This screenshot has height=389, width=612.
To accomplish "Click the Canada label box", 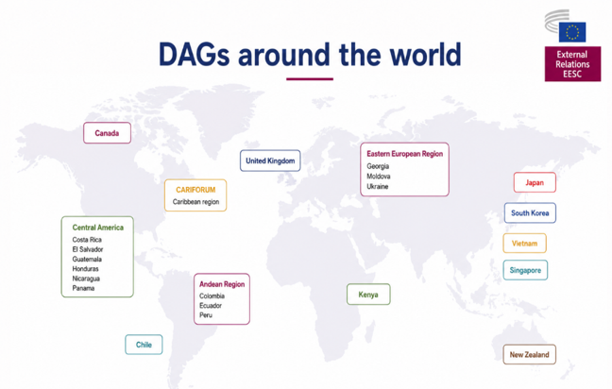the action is [x=107, y=133].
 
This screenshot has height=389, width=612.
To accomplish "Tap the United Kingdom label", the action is [x=270, y=161].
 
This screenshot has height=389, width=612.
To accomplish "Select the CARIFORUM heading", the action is [x=195, y=190].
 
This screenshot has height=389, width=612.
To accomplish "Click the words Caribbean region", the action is [x=195, y=202].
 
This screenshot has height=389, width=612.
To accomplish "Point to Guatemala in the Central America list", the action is [x=87, y=259].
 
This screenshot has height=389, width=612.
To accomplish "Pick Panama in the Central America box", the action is [x=83, y=288].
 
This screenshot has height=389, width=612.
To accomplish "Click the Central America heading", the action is [x=98, y=228].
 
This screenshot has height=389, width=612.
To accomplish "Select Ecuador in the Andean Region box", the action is [x=211, y=306].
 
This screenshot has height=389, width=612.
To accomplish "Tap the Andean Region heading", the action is [x=222, y=284].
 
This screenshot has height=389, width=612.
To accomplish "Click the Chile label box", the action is [x=144, y=345].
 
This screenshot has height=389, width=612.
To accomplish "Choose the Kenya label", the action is [x=368, y=295].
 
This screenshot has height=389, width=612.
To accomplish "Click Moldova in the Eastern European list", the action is [x=378, y=177].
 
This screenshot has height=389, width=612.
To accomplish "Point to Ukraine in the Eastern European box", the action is [x=378, y=187].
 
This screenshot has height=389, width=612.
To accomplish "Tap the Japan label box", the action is [x=535, y=182].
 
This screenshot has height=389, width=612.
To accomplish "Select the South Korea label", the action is [x=530, y=213].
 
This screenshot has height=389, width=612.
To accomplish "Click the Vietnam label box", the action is [x=524, y=243].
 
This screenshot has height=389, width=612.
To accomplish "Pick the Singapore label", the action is [x=525, y=270].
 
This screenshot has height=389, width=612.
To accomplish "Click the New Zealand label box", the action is [x=529, y=354].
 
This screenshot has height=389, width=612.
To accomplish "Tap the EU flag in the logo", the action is [x=572, y=32].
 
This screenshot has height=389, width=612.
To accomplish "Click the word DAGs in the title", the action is [x=194, y=54].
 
